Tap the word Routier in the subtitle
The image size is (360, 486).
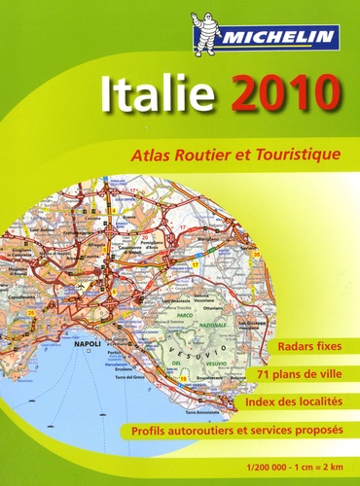[x=200, y=153]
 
